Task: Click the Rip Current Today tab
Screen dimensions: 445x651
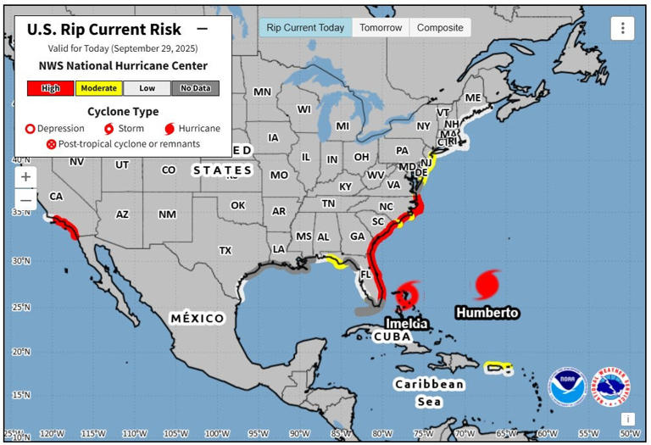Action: coord(305,27)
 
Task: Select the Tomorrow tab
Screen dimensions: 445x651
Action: coord(381,27)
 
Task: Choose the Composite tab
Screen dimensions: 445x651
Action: coord(440,27)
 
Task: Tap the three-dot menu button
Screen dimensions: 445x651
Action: coord(622,28)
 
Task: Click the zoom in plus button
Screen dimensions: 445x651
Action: coord(26,176)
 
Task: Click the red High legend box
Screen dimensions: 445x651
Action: coord(50,88)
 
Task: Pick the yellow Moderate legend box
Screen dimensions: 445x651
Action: coord(98,88)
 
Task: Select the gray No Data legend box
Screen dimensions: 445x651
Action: coord(195,88)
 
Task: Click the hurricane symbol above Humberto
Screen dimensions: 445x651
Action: coord(488,284)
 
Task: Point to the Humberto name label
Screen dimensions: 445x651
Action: coord(487,313)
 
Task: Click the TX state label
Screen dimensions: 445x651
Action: coord(225,250)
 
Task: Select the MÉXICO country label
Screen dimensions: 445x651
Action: coord(198,318)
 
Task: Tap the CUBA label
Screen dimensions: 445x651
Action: coord(392,337)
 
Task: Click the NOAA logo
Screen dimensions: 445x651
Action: coord(566,387)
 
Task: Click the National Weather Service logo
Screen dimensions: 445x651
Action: coord(612,387)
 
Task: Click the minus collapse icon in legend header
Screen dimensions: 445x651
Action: coord(202,28)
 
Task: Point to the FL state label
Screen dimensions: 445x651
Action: coord(366,275)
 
